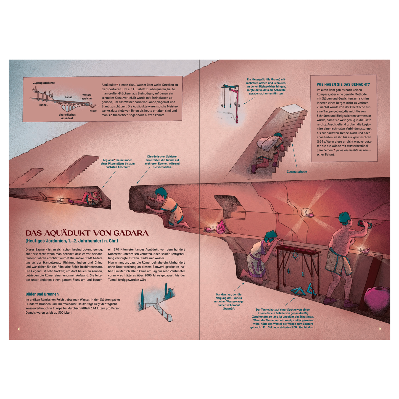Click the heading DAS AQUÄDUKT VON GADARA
pyautogui.click(x=87, y=233)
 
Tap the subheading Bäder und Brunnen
pyautogui.click(x=42, y=294)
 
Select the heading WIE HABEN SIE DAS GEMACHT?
pyautogui.click(x=343, y=84)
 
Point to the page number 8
pyautogui.click(x=19, y=329)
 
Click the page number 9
pyautogui.click(x=380, y=329)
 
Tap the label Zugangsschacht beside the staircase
pyautogui.click(x=297, y=172)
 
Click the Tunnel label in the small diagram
pyautogui.click(x=43, y=105)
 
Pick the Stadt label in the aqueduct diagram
pyautogui.click(x=93, y=111)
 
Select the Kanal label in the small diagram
pyautogui.click(x=68, y=97)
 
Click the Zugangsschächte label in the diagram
pyautogui.click(x=44, y=83)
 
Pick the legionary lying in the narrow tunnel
pyautogui.click(x=88, y=198)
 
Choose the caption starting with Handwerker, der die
pyautogui.click(x=229, y=301)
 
